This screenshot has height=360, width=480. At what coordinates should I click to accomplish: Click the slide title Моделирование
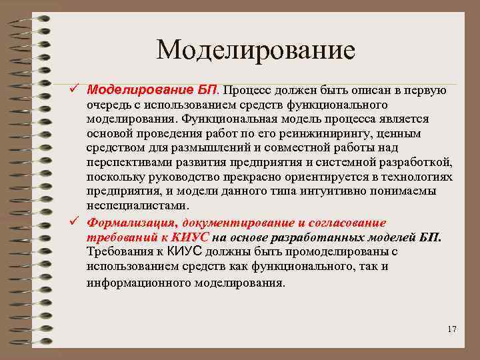256,50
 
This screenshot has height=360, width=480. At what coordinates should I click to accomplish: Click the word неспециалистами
133,205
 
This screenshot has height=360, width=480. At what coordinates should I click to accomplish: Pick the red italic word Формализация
127,223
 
